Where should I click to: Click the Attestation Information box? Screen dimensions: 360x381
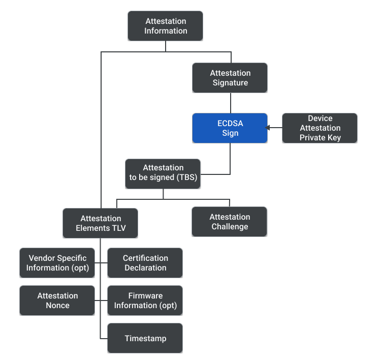click(x=165, y=26)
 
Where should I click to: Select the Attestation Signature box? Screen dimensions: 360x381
click(x=230, y=78)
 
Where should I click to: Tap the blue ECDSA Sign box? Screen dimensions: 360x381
click(x=230, y=128)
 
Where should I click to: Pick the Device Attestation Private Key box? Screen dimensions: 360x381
click(x=320, y=128)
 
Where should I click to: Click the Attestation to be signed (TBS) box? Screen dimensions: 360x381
click(x=163, y=173)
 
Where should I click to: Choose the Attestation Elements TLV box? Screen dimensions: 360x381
click(x=100, y=223)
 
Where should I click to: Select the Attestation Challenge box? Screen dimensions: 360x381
click(x=229, y=222)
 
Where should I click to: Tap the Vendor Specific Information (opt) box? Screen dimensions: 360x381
click(x=57, y=263)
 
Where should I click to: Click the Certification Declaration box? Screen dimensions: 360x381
click(x=145, y=263)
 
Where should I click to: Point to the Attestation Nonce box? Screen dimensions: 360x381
click(x=57, y=301)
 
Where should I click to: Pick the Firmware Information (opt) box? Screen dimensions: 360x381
click(x=145, y=301)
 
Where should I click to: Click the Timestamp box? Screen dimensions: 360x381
click(x=145, y=338)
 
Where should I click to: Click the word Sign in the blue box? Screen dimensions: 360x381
click(x=230, y=133)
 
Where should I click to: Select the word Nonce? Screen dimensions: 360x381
click(x=57, y=306)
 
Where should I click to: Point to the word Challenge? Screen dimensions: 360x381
click(x=230, y=227)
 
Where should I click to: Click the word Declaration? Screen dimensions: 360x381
click(x=145, y=268)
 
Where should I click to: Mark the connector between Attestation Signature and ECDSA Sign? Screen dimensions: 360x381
click(x=230, y=103)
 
